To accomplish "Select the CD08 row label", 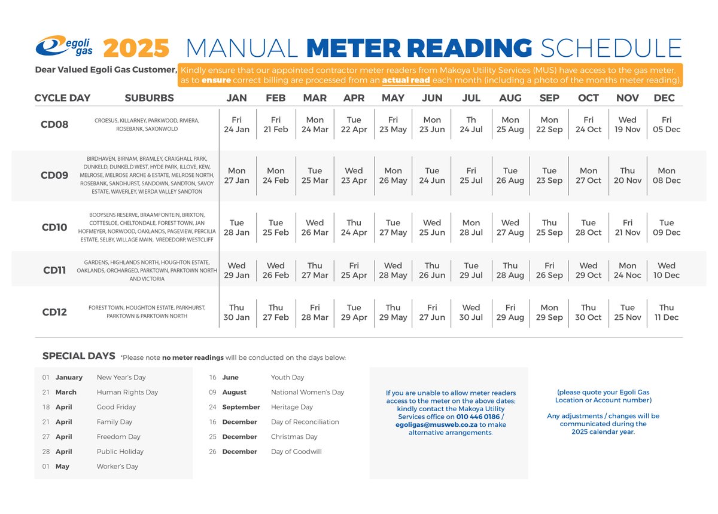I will pyautogui.click(x=54, y=125).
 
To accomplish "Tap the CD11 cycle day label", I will pyautogui.click(x=54, y=270).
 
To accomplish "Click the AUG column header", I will pyautogui.click(x=510, y=98).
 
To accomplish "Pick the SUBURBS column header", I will pyautogui.click(x=149, y=98).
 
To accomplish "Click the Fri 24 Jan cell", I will pyautogui.click(x=236, y=125).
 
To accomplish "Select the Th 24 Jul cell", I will pyautogui.click(x=471, y=125).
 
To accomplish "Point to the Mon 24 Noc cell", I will pyautogui.click(x=627, y=270).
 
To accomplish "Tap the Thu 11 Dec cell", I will pyautogui.click(x=666, y=313).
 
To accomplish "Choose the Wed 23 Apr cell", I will pyautogui.click(x=354, y=176).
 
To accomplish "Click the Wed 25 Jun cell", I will pyautogui.click(x=431, y=228).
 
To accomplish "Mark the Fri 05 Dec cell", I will pyautogui.click(x=666, y=125).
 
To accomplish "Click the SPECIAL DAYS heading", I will pyautogui.click(x=78, y=356).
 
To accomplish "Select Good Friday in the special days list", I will pyautogui.click(x=116, y=407).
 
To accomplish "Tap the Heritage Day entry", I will pyautogui.click(x=291, y=407).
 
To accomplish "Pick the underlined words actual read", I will pyautogui.click(x=406, y=80).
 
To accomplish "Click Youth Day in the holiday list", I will pyautogui.click(x=287, y=378).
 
